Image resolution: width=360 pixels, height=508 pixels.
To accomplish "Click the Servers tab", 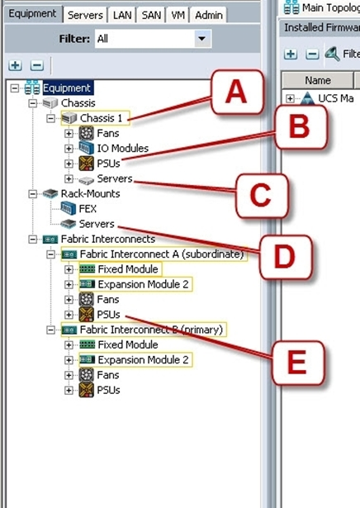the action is (x=85, y=15).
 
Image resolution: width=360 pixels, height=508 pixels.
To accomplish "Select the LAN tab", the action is (x=122, y=15).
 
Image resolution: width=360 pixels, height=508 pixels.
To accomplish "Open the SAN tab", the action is (x=151, y=15).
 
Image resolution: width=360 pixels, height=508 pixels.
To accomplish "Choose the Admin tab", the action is (x=209, y=15).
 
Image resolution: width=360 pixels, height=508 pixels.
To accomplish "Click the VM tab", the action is (x=178, y=15).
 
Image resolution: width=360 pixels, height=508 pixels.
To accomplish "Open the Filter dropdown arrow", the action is (x=202, y=39).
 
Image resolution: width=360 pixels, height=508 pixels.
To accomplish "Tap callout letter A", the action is (x=236, y=92).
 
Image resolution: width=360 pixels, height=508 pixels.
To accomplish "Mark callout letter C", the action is (x=260, y=195).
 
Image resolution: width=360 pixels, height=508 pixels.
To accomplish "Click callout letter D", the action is (x=285, y=257).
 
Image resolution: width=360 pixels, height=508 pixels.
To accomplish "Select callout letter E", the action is (x=297, y=363).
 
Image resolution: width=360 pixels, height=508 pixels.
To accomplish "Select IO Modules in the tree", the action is (x=123, y=149).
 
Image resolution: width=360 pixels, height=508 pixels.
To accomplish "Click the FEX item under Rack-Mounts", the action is (x=88, y=209).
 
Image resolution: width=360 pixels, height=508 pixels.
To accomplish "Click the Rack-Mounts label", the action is (x=90, y=194).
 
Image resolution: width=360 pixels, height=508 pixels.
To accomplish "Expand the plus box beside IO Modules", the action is (x=69, y=149).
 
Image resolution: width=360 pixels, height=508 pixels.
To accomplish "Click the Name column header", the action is (x=318, y=80).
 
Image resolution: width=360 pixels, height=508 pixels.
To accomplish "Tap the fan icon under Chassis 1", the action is (x=87, y=133).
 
